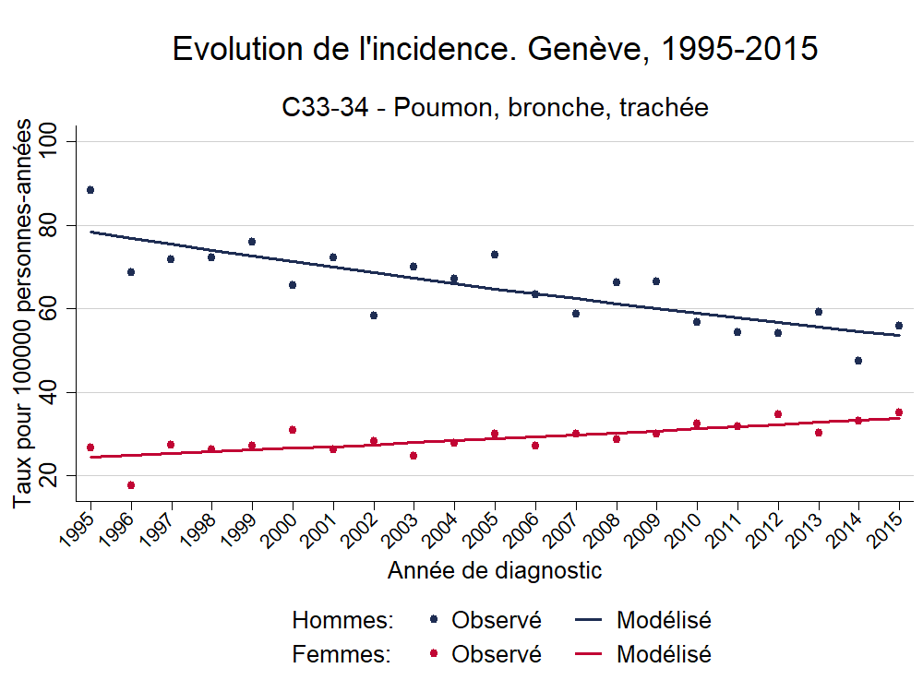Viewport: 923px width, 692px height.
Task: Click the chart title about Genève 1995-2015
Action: [x=495, y=50]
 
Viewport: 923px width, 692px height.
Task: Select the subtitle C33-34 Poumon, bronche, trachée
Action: [x=495, y=108]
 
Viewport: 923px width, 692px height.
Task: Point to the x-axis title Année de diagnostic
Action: [x=495, y=570]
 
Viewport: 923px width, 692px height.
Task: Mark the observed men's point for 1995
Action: [x=90, y=190]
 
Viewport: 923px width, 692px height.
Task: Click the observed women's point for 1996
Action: [x=131, y=485]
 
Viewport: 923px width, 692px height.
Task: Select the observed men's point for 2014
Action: [x=858, y=361]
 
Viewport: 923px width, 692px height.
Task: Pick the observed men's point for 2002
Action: [x=374, y=316]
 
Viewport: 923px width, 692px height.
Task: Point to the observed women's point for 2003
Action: [x=414, y=456]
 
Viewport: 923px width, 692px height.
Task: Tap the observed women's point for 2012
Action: [x=778, y=414]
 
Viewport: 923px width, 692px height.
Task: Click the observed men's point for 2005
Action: [x=495, y=255]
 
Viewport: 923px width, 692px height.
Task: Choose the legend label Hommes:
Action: [x=342, y=620]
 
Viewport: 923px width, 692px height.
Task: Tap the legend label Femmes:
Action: [x=342, y=655]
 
